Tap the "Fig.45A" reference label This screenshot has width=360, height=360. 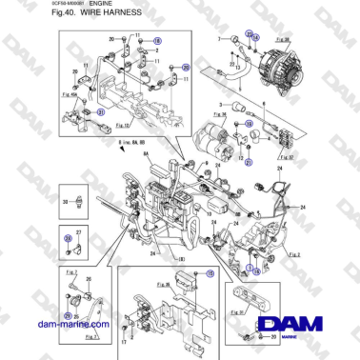(x=69, y=95)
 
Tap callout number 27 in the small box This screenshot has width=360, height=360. (x=78, y=233)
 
